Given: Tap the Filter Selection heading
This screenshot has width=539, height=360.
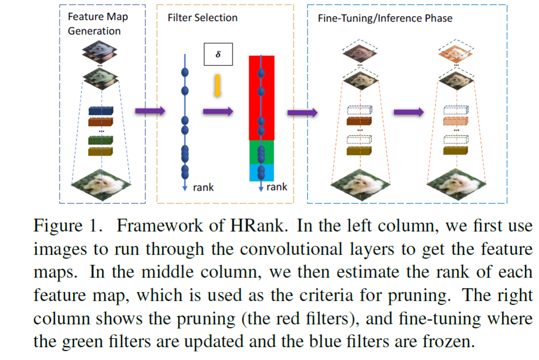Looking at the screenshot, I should (203, 18).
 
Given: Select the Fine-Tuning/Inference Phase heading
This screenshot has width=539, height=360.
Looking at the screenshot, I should (385, 18).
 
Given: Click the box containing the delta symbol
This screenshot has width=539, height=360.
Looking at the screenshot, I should (218, 54).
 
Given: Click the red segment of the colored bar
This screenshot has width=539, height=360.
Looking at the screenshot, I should (261, 97).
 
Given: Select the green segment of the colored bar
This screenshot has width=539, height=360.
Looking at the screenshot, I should (261, 152).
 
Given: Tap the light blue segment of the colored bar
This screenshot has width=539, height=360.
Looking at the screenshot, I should (261, 173).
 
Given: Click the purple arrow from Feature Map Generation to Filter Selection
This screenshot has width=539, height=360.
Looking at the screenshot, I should (150, 111).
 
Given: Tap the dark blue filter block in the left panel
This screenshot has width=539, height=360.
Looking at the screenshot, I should (100, 111).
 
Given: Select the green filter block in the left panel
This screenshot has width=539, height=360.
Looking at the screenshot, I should (100, 140).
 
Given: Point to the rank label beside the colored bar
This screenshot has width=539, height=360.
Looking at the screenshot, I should (277, 187).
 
